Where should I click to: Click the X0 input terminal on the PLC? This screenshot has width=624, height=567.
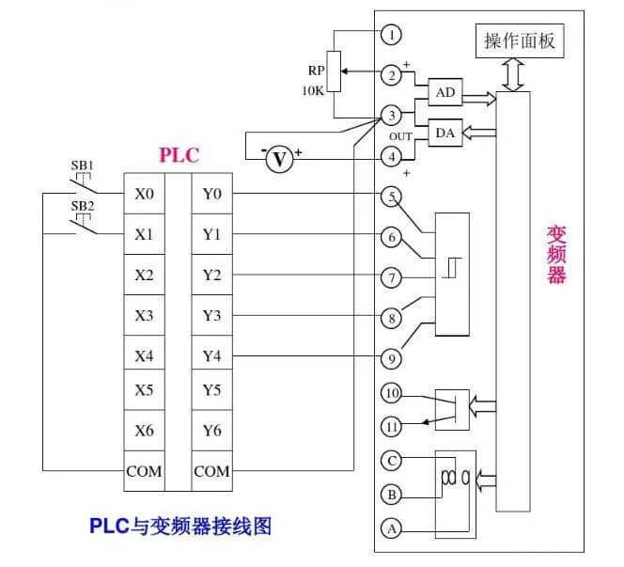pos(144,195)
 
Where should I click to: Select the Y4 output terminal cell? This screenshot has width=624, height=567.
pos(211,356)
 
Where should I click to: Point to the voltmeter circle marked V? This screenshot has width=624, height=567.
pos(278,160)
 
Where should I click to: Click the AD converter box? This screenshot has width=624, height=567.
pos(445,92)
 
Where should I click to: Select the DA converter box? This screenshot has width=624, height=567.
pos(445,134)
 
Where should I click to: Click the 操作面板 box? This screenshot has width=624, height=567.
pos(520,41)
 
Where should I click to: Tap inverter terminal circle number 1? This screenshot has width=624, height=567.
pos(391,35)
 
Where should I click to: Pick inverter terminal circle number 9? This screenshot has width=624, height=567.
pos(391,357)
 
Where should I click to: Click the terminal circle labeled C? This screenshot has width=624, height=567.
pos(391,460)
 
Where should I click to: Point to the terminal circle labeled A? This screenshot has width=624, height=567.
pos(391,528)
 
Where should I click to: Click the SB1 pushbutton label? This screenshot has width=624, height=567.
pos(83,165)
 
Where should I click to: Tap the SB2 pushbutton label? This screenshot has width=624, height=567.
pos(83,204)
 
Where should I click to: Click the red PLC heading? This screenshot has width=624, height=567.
pos(179,155)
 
